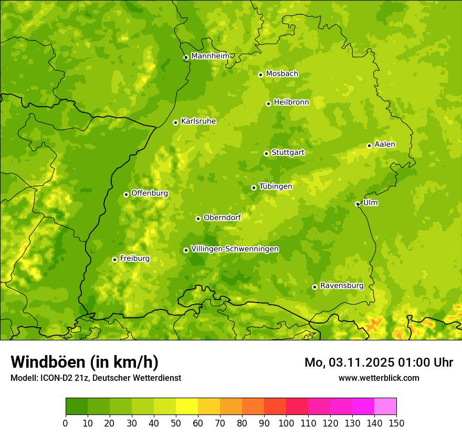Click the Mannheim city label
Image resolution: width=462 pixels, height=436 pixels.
point(210,56)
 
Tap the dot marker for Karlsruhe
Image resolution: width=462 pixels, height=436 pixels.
point(175,122)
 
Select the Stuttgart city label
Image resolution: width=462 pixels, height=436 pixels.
point(288,153)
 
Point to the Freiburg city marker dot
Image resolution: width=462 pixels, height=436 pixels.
point(114,259)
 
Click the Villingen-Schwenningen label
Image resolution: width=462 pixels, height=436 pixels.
point(235,249)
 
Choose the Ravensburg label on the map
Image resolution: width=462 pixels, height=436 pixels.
point(341,286)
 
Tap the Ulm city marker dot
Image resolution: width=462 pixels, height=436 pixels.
point(358,204)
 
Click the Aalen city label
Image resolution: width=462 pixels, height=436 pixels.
point(385,144)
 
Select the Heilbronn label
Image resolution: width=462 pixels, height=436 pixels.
point(291,102)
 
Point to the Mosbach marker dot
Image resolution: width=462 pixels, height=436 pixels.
point(260,75)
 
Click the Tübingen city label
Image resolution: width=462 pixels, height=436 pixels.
point(275,186)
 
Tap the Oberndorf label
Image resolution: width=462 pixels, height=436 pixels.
point(222,217)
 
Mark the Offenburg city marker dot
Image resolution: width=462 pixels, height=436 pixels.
point(126,194)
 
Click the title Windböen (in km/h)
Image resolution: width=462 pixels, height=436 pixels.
point(85,362)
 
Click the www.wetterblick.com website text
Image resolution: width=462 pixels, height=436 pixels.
point(379,378)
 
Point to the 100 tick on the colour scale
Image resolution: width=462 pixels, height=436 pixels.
point(286,423)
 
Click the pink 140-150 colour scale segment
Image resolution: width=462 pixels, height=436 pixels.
point(385,406)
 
